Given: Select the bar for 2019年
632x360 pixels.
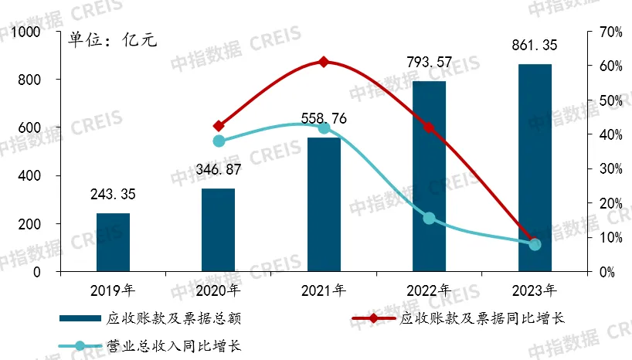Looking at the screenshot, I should (113, 243).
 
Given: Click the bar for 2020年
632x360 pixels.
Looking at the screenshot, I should (218, 230).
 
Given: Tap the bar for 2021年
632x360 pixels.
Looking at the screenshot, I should (324, 205).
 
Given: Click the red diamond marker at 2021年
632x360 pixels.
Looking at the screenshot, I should (324, 62).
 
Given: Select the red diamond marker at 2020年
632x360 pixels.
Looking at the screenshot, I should (219, 126).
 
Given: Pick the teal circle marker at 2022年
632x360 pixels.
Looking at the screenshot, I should (429, 219).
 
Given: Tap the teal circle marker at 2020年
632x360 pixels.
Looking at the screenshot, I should (219, 141).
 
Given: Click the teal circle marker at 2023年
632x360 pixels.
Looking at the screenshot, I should (535, 244).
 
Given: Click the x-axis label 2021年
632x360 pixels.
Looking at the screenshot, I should (324, 291).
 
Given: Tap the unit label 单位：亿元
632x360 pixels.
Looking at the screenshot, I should (113, 39).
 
